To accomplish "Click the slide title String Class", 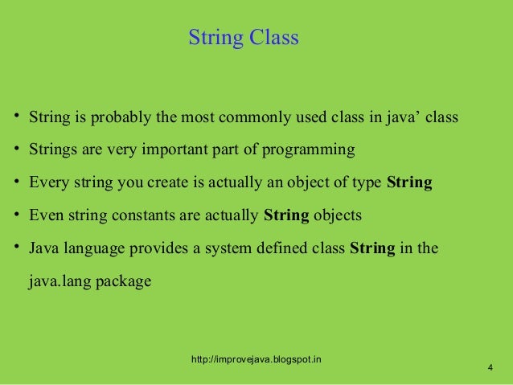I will tap(243, 38).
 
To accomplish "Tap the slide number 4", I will tap(490, 368).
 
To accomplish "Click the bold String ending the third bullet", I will tap(409, 182).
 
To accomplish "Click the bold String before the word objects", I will tap(287, 215).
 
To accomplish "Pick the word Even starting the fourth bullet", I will tap(44, 215).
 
